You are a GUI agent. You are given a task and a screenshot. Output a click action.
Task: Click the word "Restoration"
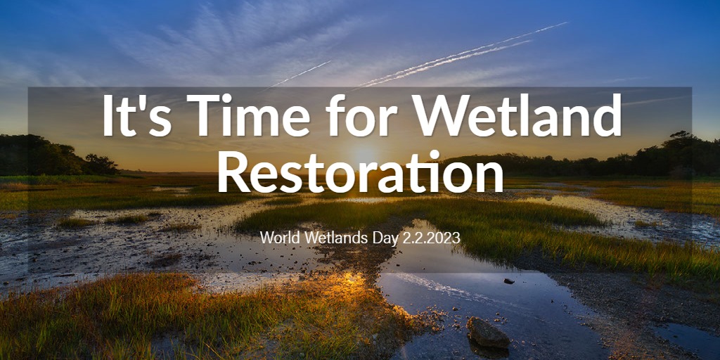[361, 171]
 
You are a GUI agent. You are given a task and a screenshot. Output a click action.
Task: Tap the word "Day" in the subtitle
[375, 239]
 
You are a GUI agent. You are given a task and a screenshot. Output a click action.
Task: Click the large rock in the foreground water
[488, 333]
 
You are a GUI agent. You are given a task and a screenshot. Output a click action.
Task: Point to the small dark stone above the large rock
[509, 281]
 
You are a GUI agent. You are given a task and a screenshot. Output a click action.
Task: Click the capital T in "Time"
[202, 115]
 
